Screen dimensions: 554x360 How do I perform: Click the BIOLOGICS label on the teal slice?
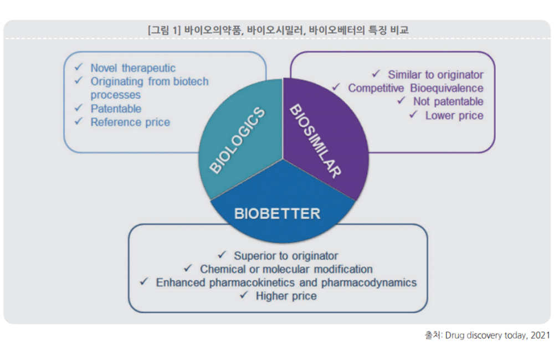coord(237,140)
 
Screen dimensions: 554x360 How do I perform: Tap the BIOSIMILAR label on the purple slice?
coord(316,141)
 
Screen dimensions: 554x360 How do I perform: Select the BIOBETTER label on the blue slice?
coord(278,214)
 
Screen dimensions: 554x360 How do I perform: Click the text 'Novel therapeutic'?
coord(133,68)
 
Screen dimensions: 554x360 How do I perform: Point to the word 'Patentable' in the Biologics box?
coord(116,109)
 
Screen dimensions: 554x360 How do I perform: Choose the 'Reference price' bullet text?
coord(130,122)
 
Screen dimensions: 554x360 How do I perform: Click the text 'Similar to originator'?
coord(435,75)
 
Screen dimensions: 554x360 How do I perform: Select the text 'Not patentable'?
coord(448,101)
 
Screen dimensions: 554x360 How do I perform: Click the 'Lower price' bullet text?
coord(454,116)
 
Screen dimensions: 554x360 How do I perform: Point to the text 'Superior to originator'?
coord(286,256)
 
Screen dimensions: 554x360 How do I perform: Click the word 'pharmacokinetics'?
coord(252,282)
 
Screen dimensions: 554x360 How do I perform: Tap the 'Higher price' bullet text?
coord(286,296)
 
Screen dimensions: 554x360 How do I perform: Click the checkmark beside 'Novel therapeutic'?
coord(79,67)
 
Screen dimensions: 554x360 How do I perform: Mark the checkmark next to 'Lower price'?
coord(413,115)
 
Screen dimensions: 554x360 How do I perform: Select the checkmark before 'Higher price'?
coord(244,295)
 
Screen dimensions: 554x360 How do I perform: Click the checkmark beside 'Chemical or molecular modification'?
coord(188,268)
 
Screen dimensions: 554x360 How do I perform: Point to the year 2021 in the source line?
coord(540,335)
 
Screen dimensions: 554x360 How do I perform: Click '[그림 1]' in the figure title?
coord(165,30)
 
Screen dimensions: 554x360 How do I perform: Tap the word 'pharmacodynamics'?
coord(369,282)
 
